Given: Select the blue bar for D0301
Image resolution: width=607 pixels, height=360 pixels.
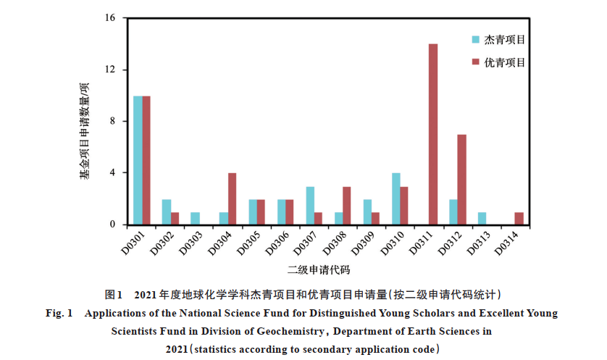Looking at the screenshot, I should [x=138, y=160].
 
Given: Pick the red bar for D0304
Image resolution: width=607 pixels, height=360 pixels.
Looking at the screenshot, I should [x=232, y=198].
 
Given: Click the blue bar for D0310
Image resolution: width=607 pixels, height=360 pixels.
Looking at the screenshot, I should [x=395, y=198].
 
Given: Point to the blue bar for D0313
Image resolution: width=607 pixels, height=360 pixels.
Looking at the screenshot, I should [x=482, y=218].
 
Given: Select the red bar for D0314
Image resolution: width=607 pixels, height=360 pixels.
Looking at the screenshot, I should [x=519, y=218].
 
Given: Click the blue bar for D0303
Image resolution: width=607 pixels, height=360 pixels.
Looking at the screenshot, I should [x=195, y=218].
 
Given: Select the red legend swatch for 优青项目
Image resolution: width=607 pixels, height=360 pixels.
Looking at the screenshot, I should [x=475, y=62].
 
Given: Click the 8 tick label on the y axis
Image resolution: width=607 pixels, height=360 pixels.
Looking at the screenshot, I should [x=112, y=122].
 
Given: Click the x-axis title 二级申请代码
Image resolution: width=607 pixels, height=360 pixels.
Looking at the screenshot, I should [x=319, y=270].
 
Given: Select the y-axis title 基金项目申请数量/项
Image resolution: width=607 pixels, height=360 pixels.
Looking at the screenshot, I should [x=85, y=130].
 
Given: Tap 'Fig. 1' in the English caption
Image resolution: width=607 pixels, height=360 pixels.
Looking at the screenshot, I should [x=60, y=314].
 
